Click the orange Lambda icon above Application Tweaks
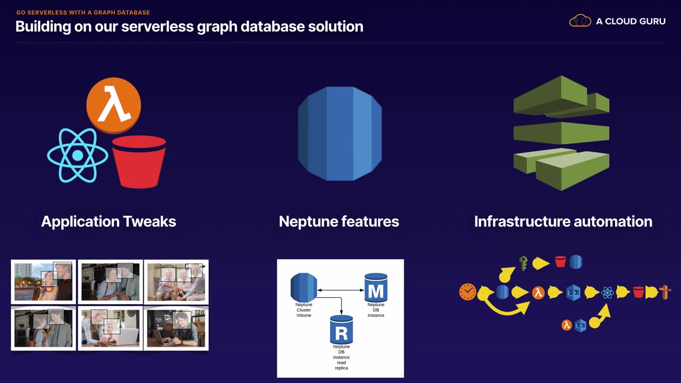[x=113, y=105]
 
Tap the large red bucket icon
[x=139, y=162]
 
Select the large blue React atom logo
[x=78, y=155]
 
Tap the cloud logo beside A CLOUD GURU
[x=580, y=21]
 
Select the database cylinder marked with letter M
[x=376, y=288]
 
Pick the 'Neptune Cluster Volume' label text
[x=304, y=310]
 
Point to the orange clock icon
[x=468, y=292]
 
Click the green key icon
[x=524, y=263]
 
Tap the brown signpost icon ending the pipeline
[x=665, y=292]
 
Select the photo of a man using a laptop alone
[x=176, y=328]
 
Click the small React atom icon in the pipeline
[x=608, y=292]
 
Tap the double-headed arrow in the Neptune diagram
[x=340, y=290]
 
